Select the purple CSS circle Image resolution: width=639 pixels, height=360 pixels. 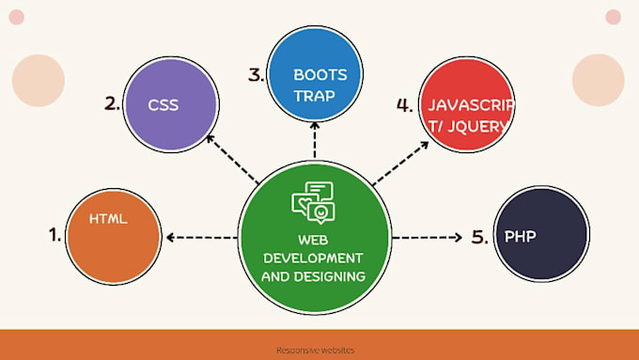(x=170, y=104)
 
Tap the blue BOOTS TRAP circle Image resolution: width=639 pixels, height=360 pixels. (x=314, y=74)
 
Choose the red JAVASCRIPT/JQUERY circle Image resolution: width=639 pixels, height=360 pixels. (x=466, y=105)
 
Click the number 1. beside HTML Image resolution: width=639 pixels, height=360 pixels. (x=55, y=235)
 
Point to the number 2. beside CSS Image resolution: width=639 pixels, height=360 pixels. (x=113, y=104)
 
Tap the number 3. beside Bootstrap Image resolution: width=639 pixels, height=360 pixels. (x=256, y=75)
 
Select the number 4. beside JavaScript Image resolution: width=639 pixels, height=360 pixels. (x=404, y=105)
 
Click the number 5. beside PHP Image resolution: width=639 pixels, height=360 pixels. (x=479, y=236)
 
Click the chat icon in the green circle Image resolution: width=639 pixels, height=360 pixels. (x=314, y=202)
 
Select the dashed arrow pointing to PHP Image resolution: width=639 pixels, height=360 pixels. (x=429, y=237)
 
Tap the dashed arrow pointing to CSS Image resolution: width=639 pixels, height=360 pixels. (x=231, y=159)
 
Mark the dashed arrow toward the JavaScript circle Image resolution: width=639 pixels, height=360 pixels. (x=395, y=160)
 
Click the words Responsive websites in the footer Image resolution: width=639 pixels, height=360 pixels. (x=316, y=351)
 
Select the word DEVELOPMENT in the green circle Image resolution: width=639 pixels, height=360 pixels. (x=314, y=258)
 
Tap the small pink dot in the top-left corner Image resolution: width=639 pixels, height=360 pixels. (x=16, y=17)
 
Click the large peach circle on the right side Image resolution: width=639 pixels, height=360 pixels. (x=599, y=80)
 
